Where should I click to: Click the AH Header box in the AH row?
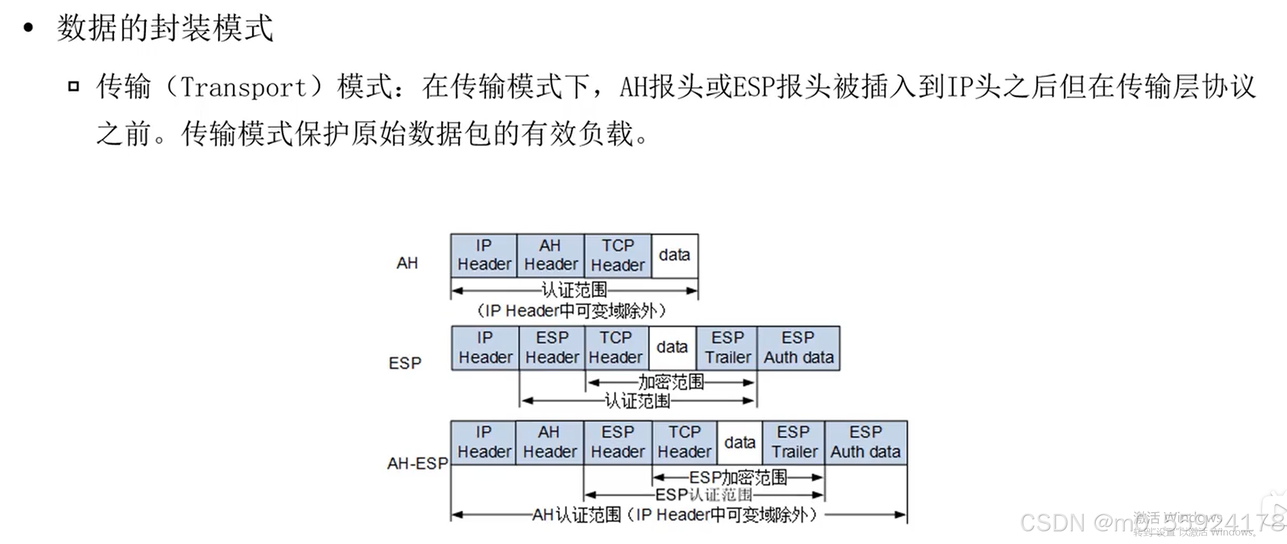tap(551, 255)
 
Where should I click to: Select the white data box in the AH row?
tap(674, 255)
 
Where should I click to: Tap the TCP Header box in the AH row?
tap(617, 255)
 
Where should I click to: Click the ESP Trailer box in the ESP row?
tap(727, 348)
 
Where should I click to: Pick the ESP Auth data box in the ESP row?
tap(798, 348)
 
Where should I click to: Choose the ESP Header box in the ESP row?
tap(552, 348)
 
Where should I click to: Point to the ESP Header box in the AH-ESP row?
tap(617, 442)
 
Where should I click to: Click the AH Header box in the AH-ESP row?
tap(549, 442)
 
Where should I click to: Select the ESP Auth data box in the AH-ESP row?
tap(866, 442)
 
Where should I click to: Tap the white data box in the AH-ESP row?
tap(739, 442)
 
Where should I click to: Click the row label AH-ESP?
tap(418, 463)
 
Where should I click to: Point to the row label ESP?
tap(405, 364)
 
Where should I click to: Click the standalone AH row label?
tap(407, 263)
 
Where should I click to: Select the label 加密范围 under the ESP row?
tap(671, 382)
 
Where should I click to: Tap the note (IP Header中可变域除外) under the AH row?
tap(571, 310)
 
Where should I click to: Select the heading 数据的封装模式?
tap(165, 28)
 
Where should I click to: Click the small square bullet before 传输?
tap(74, 87)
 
